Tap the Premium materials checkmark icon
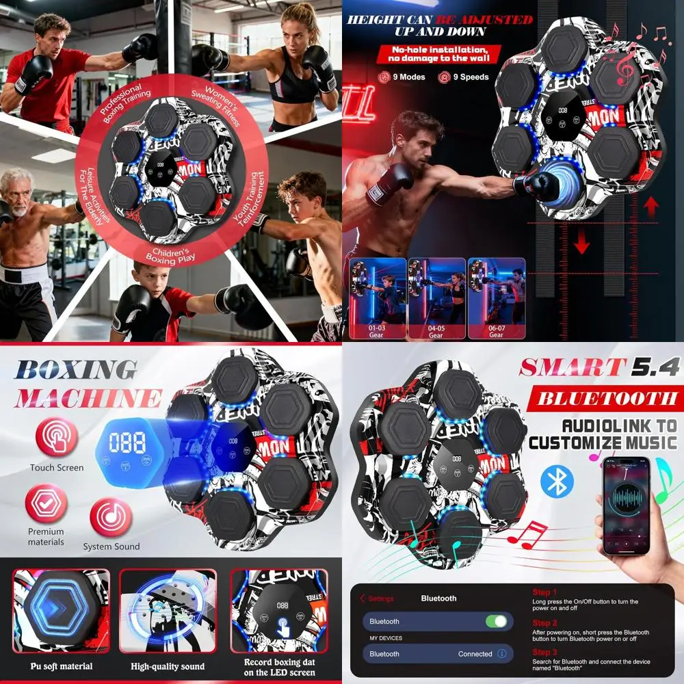(46, 504)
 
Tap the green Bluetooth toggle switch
(496, 621)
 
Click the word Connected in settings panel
(475, 654)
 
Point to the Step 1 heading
(545, 592)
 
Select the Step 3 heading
(545, 653)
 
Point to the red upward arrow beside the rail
(651, 204)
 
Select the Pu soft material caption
(62, 666)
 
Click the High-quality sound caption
(168, 666)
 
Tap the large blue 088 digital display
(127, 443)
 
